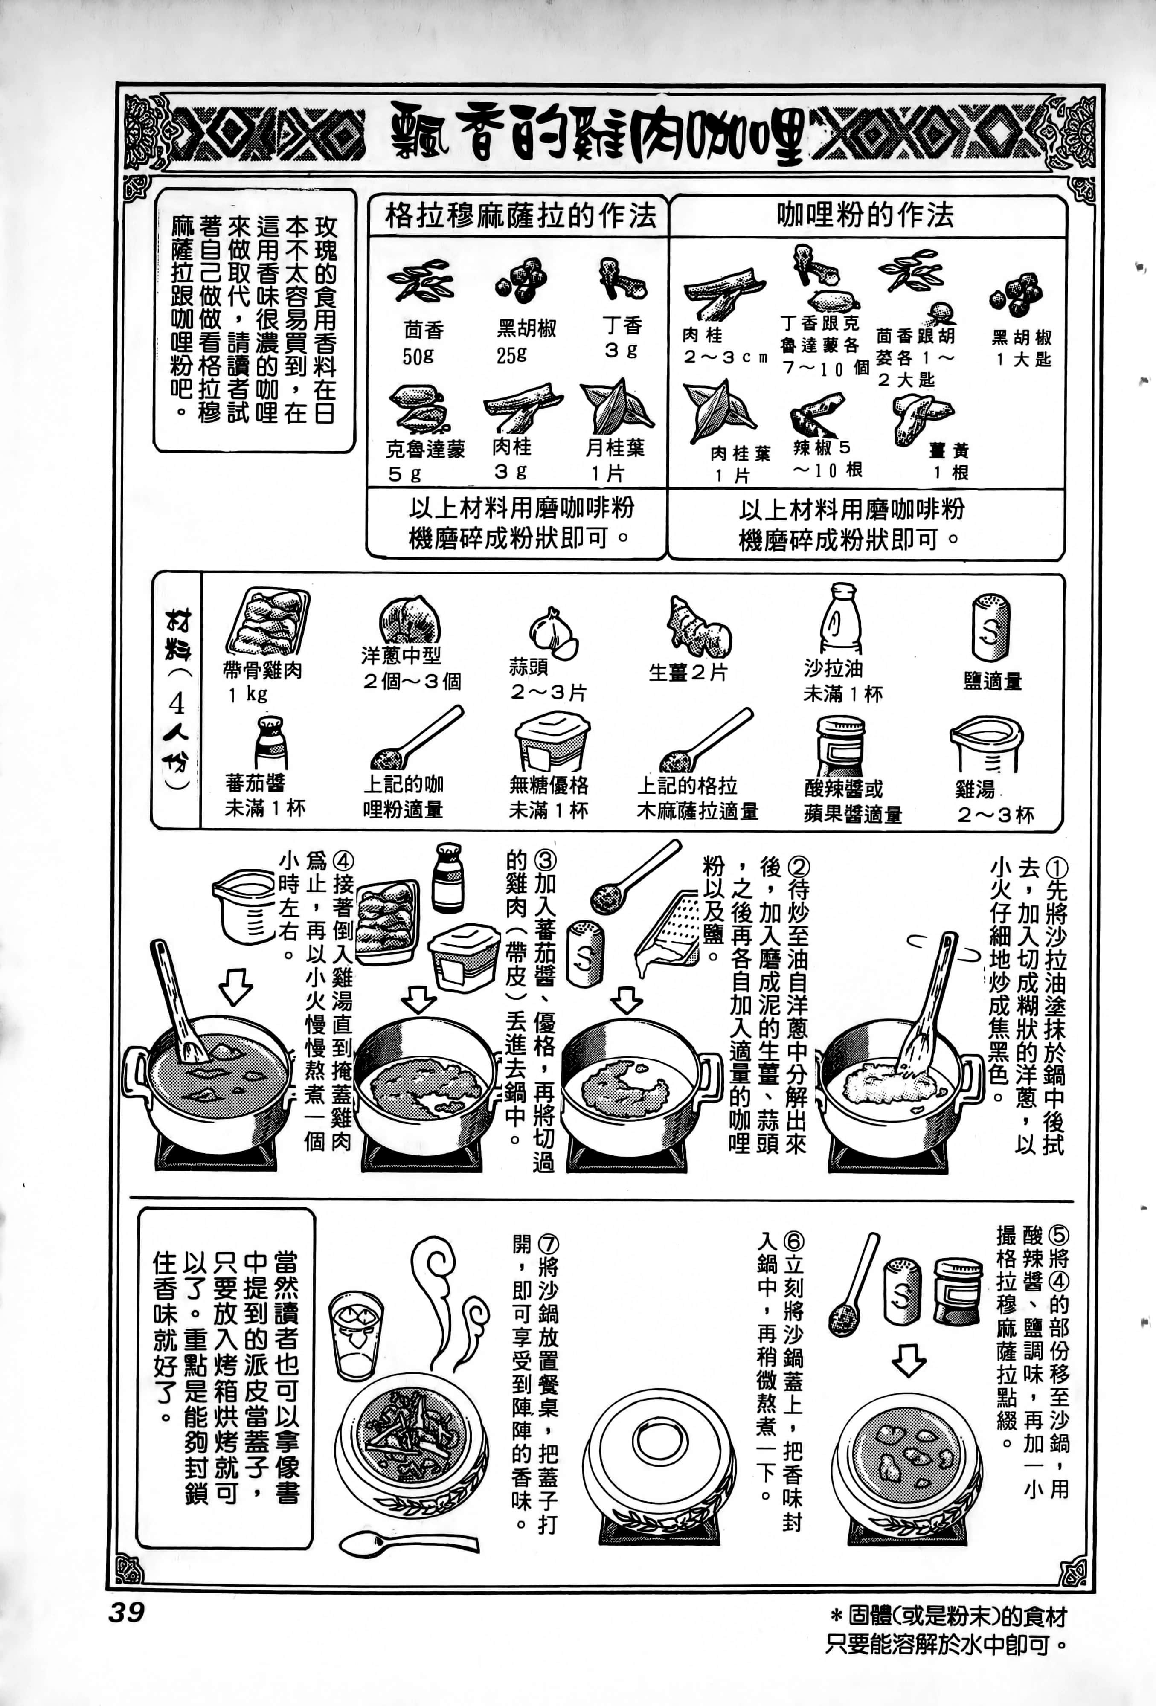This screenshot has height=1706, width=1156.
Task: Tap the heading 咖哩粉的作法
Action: (866, 215)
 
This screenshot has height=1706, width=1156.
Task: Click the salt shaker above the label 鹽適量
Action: (991, 628)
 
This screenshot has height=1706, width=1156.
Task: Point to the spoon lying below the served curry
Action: (407, 1541)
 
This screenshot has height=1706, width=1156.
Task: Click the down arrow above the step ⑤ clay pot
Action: (909, 1360)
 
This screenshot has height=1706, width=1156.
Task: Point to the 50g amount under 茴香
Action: (418, 357)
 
